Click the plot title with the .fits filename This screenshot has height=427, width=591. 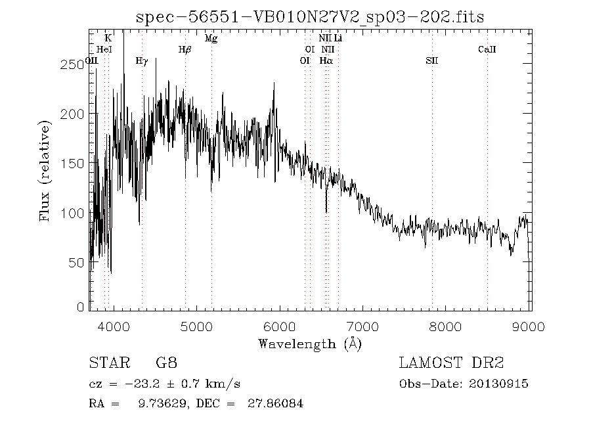pos(309,18)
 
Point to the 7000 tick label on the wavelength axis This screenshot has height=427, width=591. pos(363,326)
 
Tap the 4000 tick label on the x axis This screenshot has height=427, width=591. pos(114,326)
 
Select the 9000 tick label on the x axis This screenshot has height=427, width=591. pos(529,326)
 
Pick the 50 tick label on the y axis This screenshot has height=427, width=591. pos(77,262)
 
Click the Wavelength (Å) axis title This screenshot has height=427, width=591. pos(310,344)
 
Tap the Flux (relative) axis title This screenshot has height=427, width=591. pos(45,170)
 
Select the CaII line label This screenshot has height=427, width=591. pos(487,49)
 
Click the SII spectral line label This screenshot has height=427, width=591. pos(431,60)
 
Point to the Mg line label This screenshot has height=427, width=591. pos(211,38)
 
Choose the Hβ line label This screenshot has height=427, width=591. pos(185,49)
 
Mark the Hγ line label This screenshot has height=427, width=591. pos(141,60)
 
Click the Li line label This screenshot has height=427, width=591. pos(338,38)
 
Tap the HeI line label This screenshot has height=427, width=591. pos(104,49)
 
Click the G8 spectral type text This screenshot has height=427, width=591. pos(166,363)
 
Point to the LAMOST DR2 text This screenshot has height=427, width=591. pos(450,363)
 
